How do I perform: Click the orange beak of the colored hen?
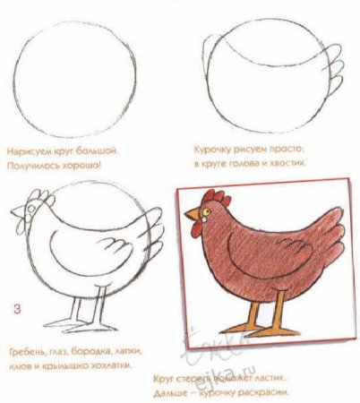188,217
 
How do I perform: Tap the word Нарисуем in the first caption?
28,151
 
